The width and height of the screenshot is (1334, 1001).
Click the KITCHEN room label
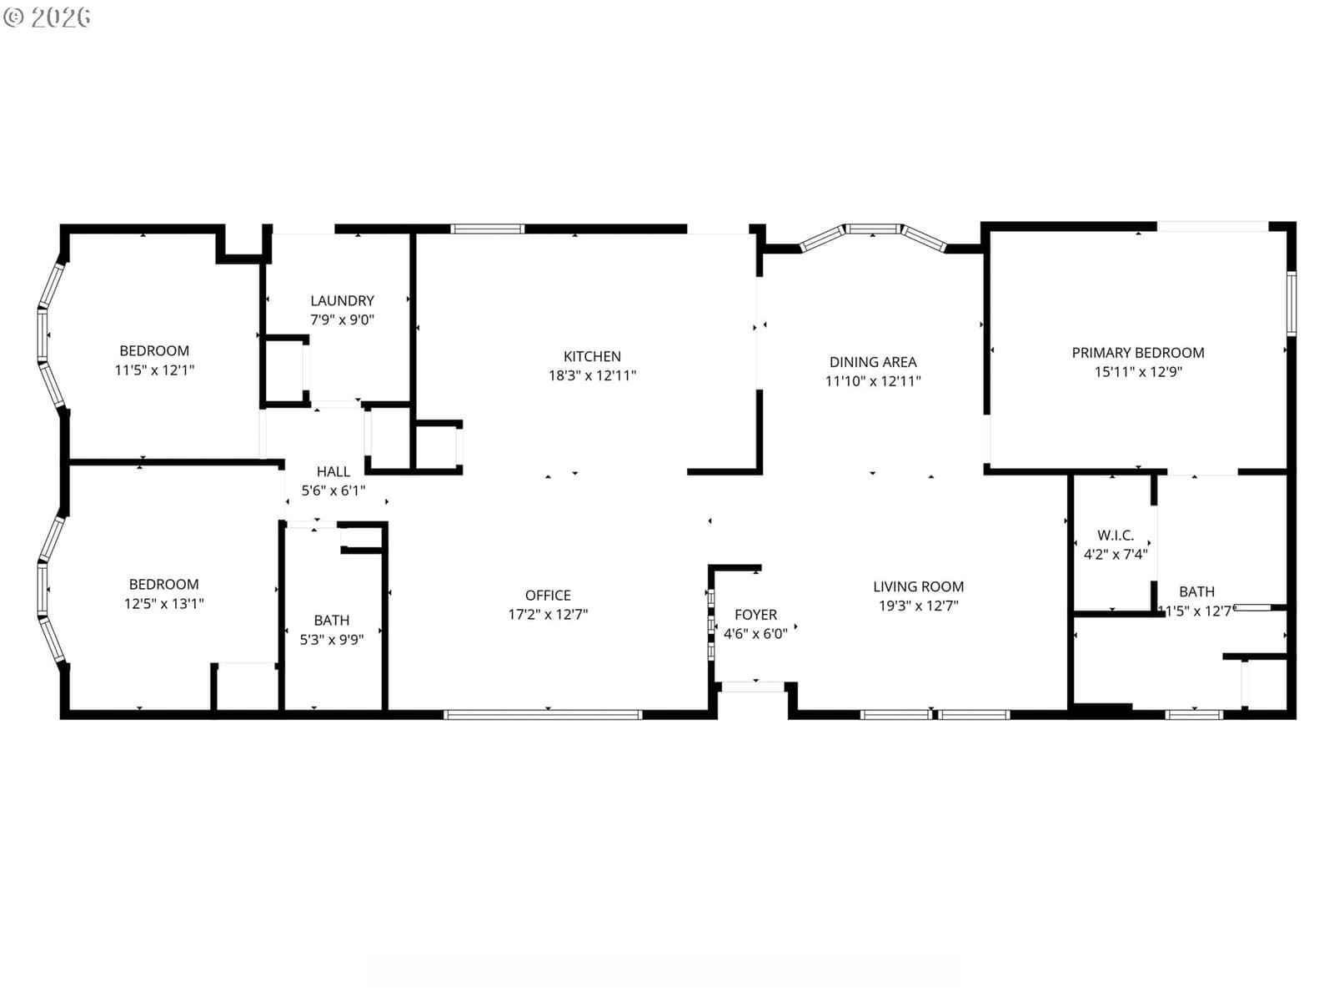[x=591, y=356]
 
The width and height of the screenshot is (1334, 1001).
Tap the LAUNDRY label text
[x=342, y=300]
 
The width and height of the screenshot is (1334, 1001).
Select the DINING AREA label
[x=872, y=362]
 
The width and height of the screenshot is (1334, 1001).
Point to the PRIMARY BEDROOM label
[x=1137, y=353]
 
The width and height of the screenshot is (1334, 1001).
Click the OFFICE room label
[x=548, y=595]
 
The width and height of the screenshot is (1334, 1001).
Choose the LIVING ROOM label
[x=918, y=586]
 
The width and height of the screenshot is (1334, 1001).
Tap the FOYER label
[x=755, y=615]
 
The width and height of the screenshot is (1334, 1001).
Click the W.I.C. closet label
[x=1115, y=536]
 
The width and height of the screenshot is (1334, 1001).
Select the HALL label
[x=333, y=471]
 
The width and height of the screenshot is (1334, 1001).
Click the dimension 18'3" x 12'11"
[x=591, y=375]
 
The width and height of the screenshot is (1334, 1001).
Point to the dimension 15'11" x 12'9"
[x=1137, y=371]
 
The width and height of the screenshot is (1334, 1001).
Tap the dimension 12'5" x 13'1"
[x=163, y=603]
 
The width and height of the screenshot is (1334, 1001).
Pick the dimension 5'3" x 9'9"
[x=331, y=639]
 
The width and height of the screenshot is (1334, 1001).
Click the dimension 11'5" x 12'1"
[x=154, y=370]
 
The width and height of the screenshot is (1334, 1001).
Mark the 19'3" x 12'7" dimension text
[x=918, y=606]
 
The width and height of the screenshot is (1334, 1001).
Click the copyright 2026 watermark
[x=47, y=17]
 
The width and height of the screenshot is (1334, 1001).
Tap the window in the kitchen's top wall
[x=487, y=229]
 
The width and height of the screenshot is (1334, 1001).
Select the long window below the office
[x=542, y=715]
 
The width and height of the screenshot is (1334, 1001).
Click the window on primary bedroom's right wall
[x=1291, y=304]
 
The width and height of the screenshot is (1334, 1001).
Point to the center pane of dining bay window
[x=873, y=229]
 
